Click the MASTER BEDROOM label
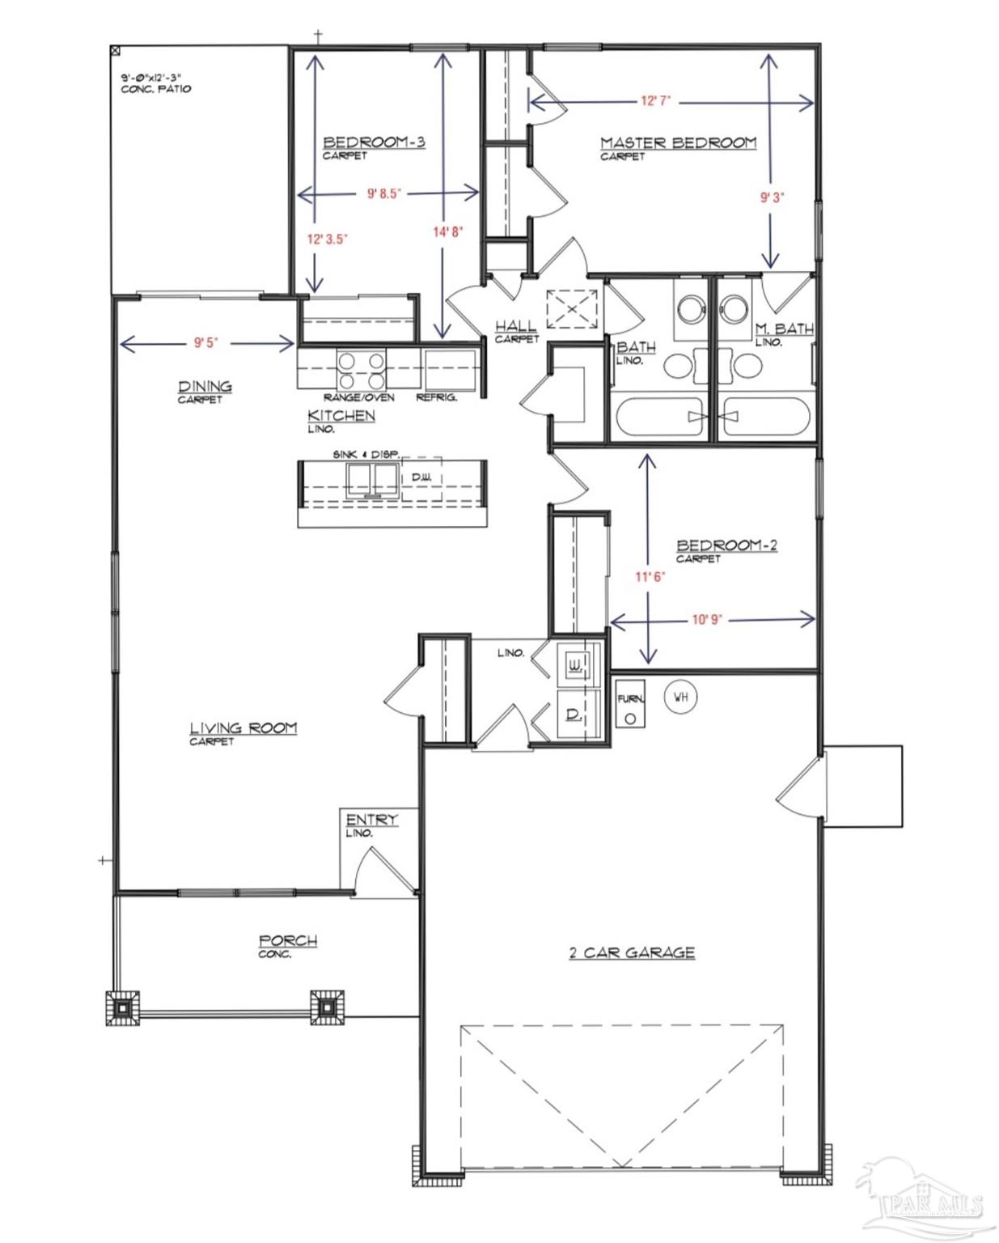[678, 142]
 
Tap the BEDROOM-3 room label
[375, 142]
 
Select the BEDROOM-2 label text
[726, 545]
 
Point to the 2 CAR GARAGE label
[632, 952]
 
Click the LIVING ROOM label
[243, 728]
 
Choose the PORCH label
[288, 941]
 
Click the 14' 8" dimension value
[449, 231]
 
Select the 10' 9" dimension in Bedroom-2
[708, 620]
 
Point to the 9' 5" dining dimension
[205, 344]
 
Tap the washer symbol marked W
[575, 665]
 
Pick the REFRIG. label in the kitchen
[437, 397]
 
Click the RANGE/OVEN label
[359, 397]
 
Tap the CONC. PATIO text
[156, 89]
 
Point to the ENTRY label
[372, 820]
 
